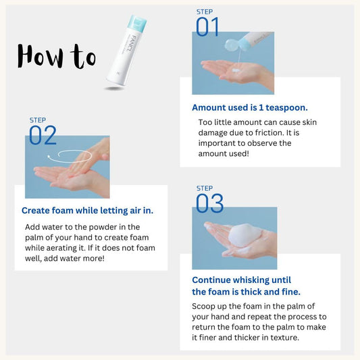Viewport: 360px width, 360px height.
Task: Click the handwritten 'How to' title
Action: click(x=56, y=55)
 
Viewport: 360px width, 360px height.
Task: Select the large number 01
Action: click(x=208, y=27)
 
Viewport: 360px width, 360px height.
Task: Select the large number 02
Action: click(x=43, y=135)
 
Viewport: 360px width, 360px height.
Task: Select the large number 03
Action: click(x=209, y=203)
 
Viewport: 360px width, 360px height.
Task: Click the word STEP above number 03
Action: click(x=205, y=188)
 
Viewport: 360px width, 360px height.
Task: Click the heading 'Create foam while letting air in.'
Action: click(x=87, y=211)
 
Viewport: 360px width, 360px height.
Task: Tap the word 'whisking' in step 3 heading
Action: click(x=255, y=280)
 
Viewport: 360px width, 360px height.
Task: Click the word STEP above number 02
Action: click(x=38, y=120)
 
